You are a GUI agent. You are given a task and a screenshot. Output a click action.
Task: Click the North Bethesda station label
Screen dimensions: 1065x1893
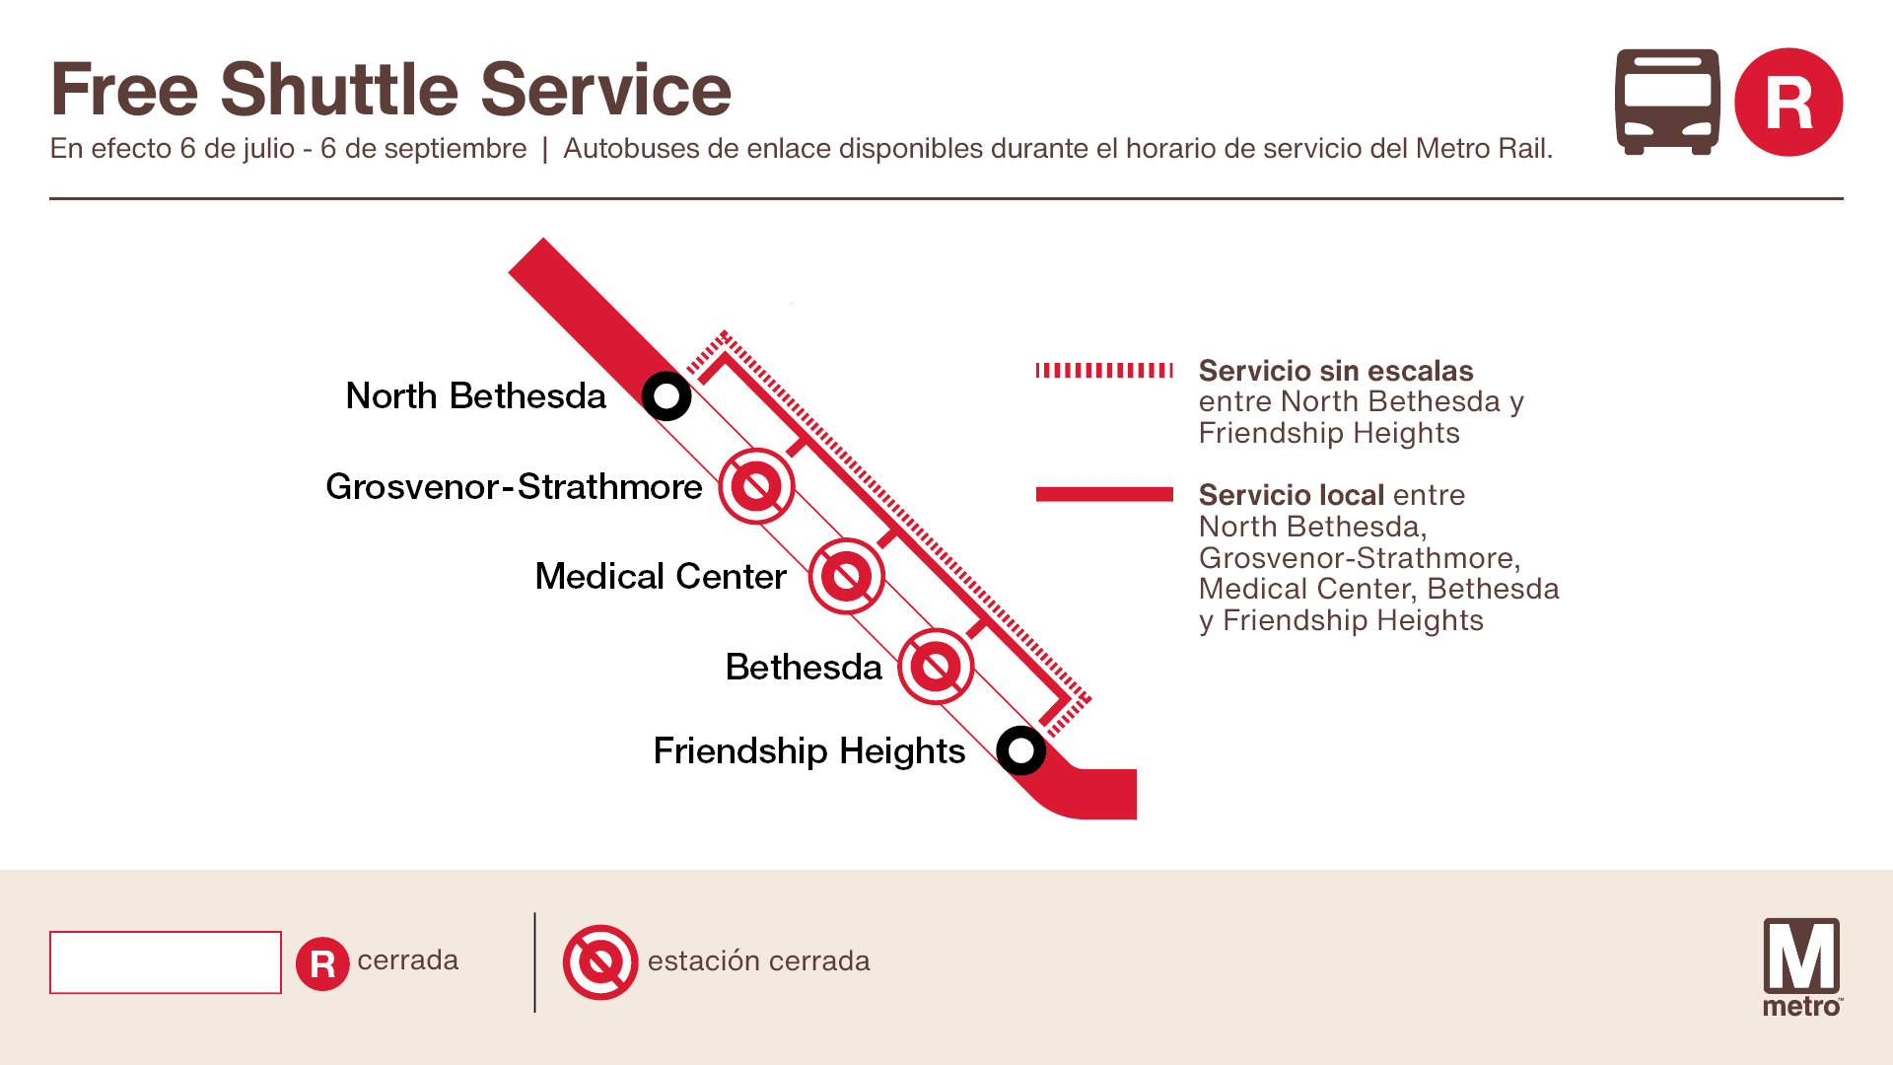[x=475, y=396]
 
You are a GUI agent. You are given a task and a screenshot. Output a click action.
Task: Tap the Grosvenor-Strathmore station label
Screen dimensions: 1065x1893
[x=513, y=487]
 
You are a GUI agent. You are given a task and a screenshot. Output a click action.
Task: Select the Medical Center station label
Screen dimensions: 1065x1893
[x=660, y=577]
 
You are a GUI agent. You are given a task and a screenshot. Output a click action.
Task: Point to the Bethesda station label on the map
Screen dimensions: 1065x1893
[x=803, y=668]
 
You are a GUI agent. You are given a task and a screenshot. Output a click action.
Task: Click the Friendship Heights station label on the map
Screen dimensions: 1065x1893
[x=808, y=751]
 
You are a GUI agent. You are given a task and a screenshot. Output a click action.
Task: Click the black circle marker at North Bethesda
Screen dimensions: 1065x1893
[x=666, y=396]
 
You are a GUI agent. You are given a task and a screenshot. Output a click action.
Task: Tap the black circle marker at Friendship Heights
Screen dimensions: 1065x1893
[x=1020, y=750]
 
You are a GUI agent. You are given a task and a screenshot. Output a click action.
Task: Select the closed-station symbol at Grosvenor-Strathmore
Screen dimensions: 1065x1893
[x=756, y=486]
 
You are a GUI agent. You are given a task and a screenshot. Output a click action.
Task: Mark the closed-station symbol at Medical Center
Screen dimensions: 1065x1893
[x=846, y=576]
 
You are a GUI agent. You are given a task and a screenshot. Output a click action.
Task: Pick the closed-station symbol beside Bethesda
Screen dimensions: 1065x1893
[x=936, y=667]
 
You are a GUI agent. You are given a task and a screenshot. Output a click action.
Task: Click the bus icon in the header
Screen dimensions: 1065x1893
[x=1667, y=102]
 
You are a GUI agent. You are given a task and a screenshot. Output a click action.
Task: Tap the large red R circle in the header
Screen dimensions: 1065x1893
[x=1788, y=102]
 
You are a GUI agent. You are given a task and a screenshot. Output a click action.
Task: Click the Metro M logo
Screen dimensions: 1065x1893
[x=1801, y=965]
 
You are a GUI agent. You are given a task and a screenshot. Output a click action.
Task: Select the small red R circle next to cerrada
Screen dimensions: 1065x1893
[x=322, y=963]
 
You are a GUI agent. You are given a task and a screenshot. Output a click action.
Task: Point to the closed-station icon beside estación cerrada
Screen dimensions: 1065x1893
[x=600, y=961]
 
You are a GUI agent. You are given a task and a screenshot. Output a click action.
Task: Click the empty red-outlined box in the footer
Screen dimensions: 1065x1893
[x=166, y=962]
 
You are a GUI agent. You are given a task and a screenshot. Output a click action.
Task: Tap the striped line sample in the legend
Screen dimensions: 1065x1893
[x=1104, y=371]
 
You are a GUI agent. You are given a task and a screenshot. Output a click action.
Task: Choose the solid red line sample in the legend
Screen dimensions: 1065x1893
[x=1104, y=494]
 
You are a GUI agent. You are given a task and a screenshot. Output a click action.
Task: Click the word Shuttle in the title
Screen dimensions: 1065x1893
[x=339, y=90]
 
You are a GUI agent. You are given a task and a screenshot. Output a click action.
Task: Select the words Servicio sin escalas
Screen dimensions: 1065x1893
[x=1335, y=371]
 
